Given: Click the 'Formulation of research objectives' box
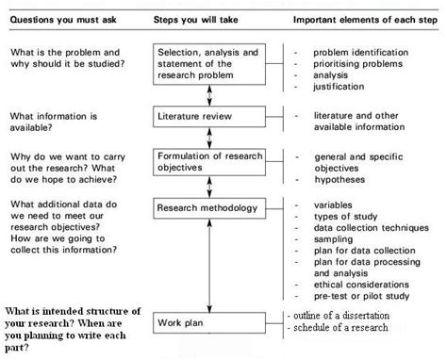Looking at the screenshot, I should point(207,161).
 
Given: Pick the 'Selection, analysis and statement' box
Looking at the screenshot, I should point(207,63).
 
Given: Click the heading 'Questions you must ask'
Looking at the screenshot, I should point(62,19).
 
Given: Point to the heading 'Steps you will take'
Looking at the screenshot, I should point(196,19).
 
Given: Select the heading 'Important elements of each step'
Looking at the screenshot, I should point(360,19).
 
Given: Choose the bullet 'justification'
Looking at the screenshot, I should point(338,87).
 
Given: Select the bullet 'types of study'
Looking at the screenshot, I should point(345,216).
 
